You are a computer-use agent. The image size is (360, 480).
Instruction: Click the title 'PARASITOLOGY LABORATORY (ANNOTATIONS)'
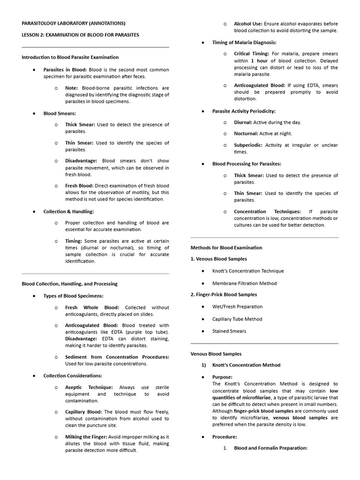(73, 23)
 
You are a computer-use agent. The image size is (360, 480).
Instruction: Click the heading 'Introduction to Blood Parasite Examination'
(70, 57)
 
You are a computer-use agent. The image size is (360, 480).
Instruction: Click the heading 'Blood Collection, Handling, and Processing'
(69, 284)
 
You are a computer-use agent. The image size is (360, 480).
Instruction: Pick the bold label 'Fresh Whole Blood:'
(92, 307)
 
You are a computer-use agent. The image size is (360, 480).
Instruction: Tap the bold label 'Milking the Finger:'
(86, 437)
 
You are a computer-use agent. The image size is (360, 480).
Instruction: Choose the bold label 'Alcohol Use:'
(248, 23)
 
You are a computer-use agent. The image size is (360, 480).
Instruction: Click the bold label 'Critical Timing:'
(251, 54)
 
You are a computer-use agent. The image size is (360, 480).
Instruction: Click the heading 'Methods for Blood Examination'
(226, 247)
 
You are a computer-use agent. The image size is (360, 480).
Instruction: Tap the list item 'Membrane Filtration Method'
(244, 283)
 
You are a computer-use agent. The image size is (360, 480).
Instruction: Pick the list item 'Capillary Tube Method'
(237, 319)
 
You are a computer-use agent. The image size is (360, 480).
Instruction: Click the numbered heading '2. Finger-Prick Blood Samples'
(224, 294)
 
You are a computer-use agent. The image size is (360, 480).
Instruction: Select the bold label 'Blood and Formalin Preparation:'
(270, 448)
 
